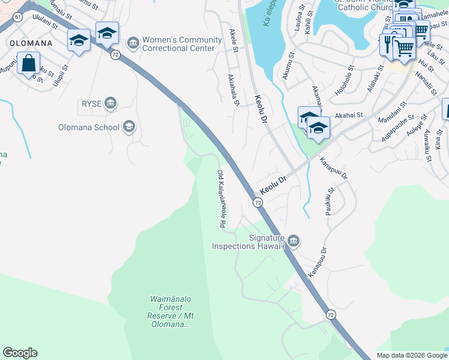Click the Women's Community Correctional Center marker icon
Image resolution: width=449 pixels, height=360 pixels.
coord(133,43)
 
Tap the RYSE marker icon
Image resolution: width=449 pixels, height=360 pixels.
coord(110,104)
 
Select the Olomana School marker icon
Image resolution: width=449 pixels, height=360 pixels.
coord(128,127)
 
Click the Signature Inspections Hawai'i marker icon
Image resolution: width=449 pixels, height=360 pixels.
coord(292,241)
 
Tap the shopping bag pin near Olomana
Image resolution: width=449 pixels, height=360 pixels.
coord(28,62)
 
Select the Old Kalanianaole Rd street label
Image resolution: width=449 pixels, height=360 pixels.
coord(221,199)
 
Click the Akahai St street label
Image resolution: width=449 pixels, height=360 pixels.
coord(349,115)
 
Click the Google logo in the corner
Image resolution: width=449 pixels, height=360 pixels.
coord(20,353)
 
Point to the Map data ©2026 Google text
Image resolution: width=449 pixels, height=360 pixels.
coord(411,355)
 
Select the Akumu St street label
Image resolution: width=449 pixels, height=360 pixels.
coord(287,66)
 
